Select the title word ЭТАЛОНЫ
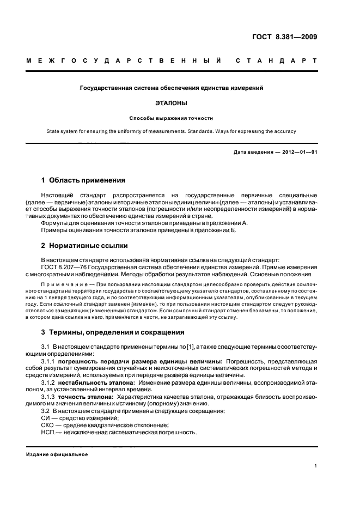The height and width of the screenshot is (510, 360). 171,102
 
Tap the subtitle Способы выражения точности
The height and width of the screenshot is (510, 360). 171,117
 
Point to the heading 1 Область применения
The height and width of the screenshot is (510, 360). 83,180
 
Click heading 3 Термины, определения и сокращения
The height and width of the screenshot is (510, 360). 113,331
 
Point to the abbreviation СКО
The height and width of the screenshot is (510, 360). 48,425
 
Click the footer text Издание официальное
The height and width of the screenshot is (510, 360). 57,454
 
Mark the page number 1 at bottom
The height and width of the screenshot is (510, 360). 316,466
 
